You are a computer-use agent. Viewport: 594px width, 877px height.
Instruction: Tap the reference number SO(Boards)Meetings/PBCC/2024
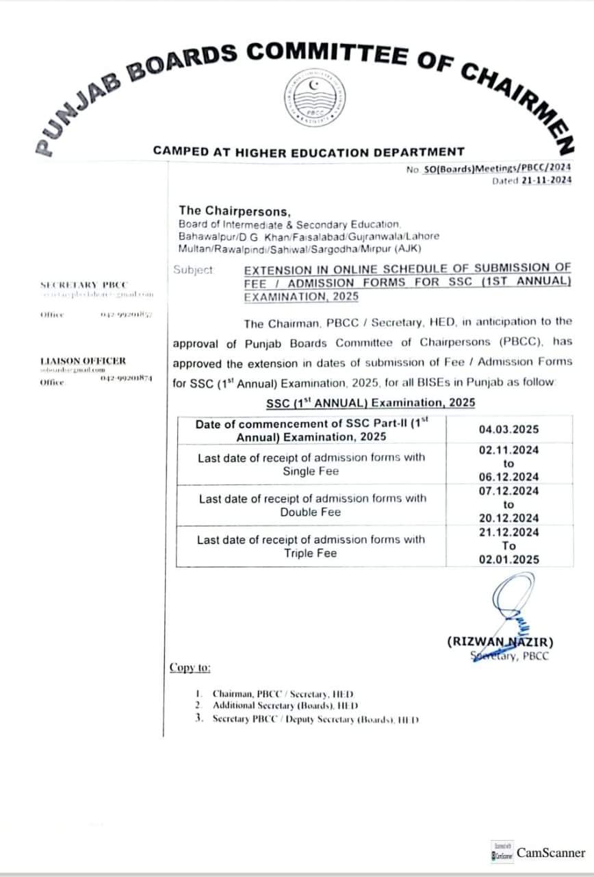[498, 167]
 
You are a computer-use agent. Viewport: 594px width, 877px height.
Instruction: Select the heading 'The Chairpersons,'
[234, 210]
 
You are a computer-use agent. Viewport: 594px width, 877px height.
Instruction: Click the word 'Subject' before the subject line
[194, 270]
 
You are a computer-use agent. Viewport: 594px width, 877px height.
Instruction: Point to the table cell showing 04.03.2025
[508, 430]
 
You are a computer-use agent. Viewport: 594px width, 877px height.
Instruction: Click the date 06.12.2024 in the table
[508, 477]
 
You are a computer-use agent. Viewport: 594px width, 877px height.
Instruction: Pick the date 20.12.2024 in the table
[508, 518]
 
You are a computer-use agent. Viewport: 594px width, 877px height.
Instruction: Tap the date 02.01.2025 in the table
[508, 559]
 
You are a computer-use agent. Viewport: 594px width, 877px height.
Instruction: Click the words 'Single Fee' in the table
[311, 471]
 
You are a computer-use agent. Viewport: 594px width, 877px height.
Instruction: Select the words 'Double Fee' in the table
[311, 512]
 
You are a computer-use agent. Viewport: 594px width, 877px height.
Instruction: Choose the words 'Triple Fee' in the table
[311, 553]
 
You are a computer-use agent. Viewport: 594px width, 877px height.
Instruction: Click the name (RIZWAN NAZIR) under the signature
[500, 642]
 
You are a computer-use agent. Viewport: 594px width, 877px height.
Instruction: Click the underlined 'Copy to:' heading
[190, 667]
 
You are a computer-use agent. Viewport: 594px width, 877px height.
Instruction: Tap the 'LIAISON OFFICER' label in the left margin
[83, 360]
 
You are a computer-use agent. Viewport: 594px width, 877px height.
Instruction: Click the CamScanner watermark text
[551, 853]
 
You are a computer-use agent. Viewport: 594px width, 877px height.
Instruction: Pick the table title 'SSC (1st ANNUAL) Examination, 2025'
[370, 403]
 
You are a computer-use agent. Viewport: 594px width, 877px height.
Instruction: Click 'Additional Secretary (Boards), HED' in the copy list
[285, 705]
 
